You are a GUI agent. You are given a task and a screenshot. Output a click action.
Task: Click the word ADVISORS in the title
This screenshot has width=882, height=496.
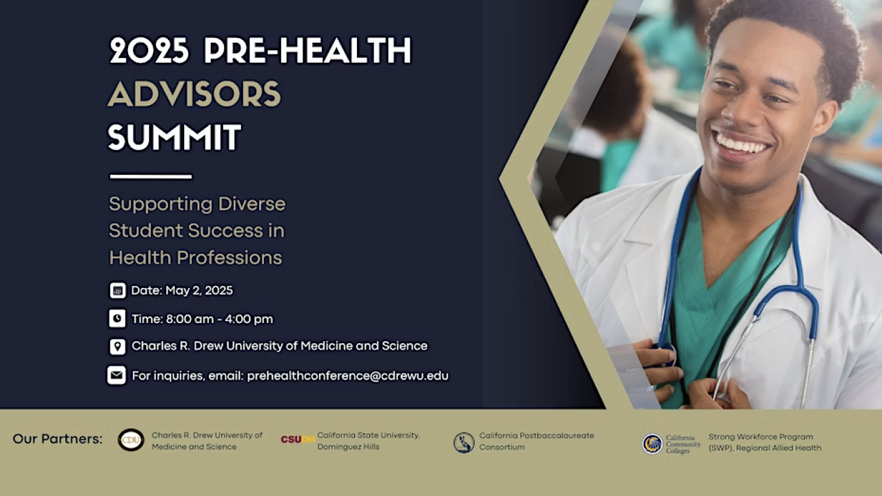[194, 94]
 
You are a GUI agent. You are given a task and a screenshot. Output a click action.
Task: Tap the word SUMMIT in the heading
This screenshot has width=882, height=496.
[174, 137]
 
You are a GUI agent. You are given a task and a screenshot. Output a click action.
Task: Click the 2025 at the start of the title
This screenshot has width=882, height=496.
[150, 51]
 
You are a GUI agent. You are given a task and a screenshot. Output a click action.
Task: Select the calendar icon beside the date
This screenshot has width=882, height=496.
[117, 291]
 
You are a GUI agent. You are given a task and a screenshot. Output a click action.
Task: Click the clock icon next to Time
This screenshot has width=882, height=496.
[117, 318]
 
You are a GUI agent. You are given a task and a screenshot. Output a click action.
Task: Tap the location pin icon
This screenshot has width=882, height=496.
[117, 346]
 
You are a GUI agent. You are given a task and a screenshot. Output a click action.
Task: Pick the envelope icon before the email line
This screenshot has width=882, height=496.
[116, 375]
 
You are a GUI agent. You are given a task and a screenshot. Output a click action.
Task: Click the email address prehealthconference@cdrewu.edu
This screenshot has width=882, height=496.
[347, 375]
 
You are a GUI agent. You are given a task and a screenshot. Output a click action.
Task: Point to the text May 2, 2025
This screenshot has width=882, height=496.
[199, 291]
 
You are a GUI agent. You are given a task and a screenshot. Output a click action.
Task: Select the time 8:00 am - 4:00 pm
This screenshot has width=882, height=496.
[219, 319]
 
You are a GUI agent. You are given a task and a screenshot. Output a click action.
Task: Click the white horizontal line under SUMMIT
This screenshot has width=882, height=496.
[150, 176]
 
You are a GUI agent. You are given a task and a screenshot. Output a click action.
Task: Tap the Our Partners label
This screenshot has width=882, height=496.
[57, 439]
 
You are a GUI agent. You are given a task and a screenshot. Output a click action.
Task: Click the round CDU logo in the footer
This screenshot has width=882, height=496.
[131, 440]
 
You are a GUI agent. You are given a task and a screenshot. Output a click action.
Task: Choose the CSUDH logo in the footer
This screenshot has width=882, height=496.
[298, 440]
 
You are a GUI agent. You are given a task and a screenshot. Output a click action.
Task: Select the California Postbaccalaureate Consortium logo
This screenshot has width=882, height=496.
[464, 442]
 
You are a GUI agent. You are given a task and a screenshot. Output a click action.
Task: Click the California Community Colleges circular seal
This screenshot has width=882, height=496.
[652, 444]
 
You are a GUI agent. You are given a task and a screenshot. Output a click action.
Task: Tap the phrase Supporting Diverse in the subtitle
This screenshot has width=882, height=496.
[197, 204]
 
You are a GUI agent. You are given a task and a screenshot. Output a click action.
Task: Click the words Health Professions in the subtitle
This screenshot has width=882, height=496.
[196, 258]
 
